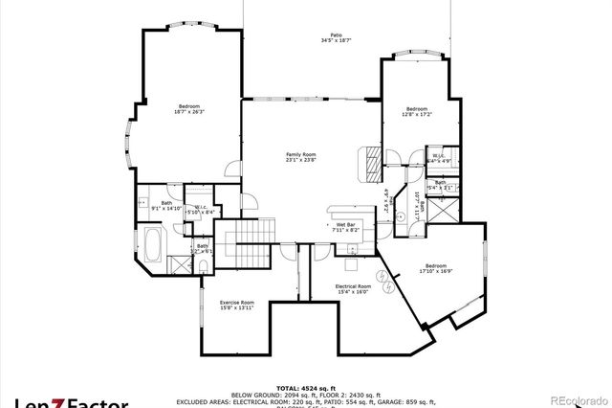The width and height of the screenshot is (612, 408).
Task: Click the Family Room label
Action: (300, 154)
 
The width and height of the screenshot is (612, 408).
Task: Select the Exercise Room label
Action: (236, 301)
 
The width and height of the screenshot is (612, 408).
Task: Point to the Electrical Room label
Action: (352, 286)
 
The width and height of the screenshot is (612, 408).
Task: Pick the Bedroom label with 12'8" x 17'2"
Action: (416, 109)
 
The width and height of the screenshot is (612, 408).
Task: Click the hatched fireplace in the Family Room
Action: (367, 164)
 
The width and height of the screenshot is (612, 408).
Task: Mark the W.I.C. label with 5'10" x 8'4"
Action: (200, 208)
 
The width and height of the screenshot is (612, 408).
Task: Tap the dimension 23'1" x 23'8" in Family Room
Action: (300, 160)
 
